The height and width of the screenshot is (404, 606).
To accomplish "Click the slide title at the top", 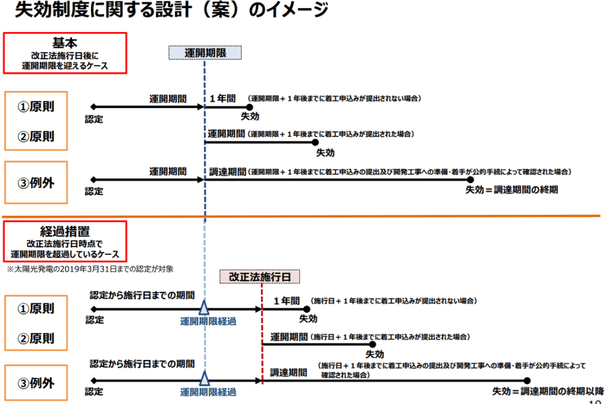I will tap(171, 11).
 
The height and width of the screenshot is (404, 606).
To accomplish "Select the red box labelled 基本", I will tap(65, 53).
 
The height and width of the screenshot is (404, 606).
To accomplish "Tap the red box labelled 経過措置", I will tap(65, 241).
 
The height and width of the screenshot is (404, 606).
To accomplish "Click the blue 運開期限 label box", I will tap(205, 53).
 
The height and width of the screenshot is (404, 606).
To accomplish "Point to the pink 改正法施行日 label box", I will tap(260, 276).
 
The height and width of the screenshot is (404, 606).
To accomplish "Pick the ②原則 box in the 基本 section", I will tap(36, 136).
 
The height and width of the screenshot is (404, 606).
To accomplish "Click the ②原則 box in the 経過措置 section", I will tap(36, 338).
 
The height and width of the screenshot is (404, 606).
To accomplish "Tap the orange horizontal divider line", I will tap(303, 216).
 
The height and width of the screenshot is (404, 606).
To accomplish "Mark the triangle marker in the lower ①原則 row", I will tap(205, 307).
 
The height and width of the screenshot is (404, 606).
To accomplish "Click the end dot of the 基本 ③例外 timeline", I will tap(470, 179).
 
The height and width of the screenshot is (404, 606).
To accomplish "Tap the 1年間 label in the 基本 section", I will tap(223, 98).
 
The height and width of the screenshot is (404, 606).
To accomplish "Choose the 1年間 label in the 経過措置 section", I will tap(286, 301).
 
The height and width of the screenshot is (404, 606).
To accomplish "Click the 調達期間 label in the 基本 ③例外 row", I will tap(227, 172).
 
